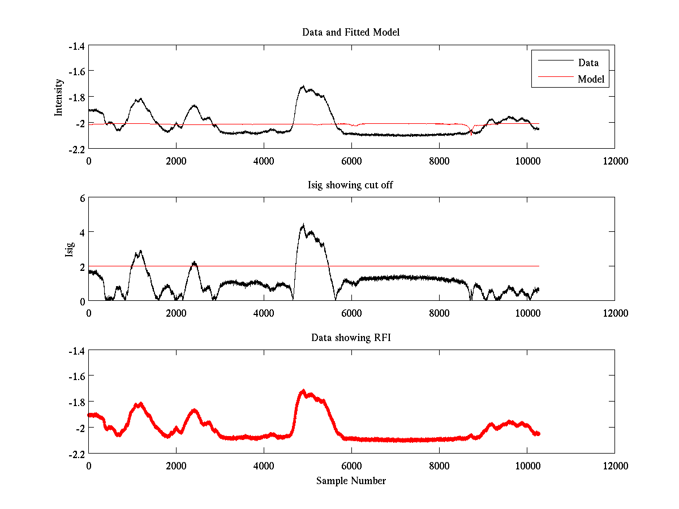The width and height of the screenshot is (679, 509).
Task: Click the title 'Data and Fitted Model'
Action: pos(351,32)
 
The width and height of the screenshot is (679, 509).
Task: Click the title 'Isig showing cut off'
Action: pos(351,185)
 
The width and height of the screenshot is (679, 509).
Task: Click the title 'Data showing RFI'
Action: pos(351,338)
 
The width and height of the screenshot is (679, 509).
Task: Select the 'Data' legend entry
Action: pos(588,63)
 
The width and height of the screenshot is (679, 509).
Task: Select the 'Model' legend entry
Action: pos(591,79)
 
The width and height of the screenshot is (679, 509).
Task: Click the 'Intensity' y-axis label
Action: pos(58,97)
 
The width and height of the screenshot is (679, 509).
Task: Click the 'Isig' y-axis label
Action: pos(69,249)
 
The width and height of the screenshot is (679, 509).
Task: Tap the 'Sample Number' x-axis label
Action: pos(351,481)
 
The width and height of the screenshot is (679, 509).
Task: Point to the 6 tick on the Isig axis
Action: pos(81,199)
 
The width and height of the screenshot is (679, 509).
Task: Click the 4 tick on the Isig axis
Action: pos(81,232)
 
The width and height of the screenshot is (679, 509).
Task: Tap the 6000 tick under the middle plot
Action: pos(351,313)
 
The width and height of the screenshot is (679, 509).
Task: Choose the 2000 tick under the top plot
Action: pos(176,161)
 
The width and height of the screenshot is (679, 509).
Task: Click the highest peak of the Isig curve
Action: pos(303,225)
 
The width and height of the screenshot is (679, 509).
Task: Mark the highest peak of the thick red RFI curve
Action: pos(303,391)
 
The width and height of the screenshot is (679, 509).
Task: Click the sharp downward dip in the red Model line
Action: pos(471,134)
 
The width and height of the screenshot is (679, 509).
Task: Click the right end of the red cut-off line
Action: pos(539,266)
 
